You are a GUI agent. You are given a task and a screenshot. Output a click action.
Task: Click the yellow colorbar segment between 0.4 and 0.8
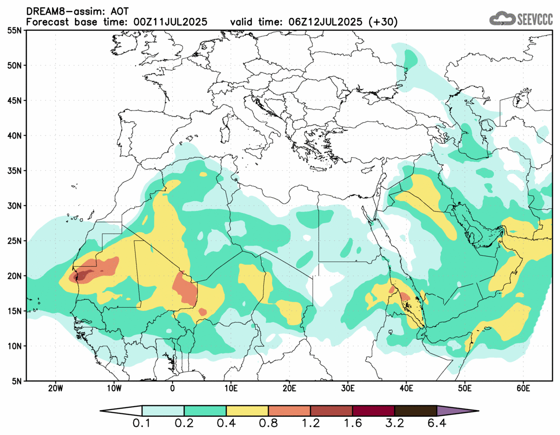pyautogui.click(x=247, y=411)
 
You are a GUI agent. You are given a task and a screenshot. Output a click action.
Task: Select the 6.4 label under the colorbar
pyautogui.click(x=436, y=424)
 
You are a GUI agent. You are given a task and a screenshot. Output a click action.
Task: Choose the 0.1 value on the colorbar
pyautogui.click(x=142, y=424)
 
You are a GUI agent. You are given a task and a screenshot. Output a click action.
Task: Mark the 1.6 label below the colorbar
pyautogui.click(x=352, y=424)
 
